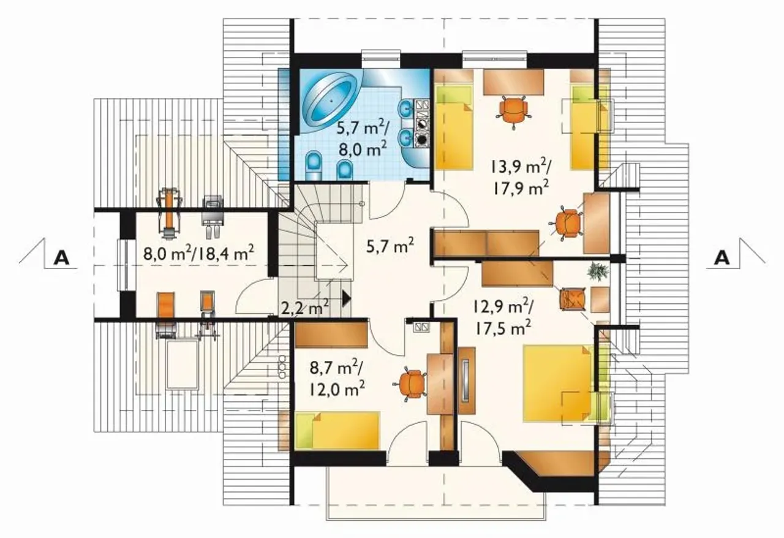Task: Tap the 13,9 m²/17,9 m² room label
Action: pyautogui.click(x=521, y=178)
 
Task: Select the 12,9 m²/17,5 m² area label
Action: pyautogui.click(x=503, y=317)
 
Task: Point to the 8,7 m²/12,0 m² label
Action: pyautogui.click(x=336, y=378)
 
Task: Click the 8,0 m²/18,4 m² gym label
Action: pyautogui.click(x=198, y=253)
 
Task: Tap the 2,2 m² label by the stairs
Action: pyautogui.click(x=305, y=308)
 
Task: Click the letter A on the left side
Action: pyautogui.click(x=62, y=258)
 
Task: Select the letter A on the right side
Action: pyautogui.click(x=722, y=258)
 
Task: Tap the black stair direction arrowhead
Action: pyautogui.click(x=346, y=299)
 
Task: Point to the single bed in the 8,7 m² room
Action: pyautogui.click(x=337, y=431)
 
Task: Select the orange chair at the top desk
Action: pyautogui.click(x=513, y=111)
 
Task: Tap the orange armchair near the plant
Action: pyautogui.click(x=573, y=299)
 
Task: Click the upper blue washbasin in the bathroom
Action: pyautogui.click(x=405, y=108)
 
